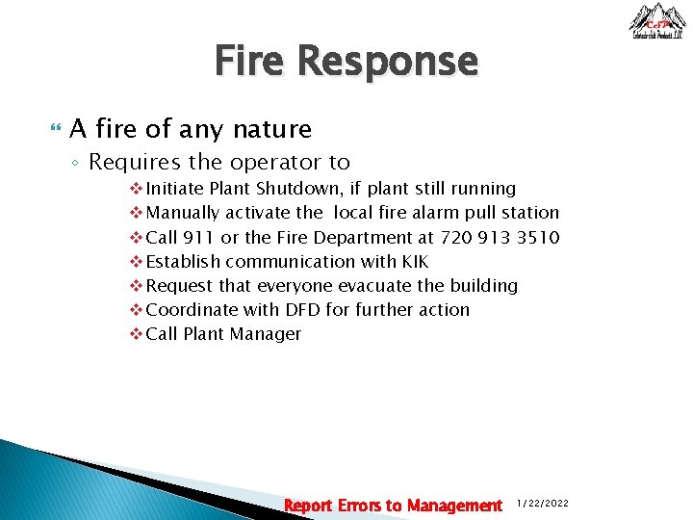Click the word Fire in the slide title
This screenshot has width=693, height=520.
coord(250,62)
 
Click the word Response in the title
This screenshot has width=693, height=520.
coord(387,62)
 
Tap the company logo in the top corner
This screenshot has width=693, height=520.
coord(657,21)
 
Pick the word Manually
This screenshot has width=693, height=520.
coord(183,213)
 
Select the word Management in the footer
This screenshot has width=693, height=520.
coord(454,506)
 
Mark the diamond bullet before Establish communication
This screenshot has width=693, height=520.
coord(135,261)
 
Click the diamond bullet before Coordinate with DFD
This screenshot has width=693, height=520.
coord(135,310)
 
